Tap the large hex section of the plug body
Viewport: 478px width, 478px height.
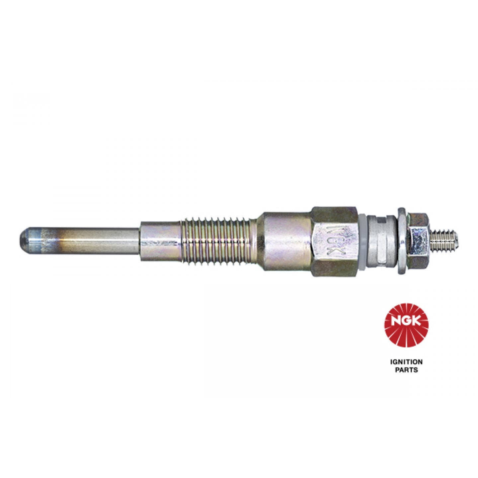click(335, 242)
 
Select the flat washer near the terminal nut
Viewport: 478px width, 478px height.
click(402, 241)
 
